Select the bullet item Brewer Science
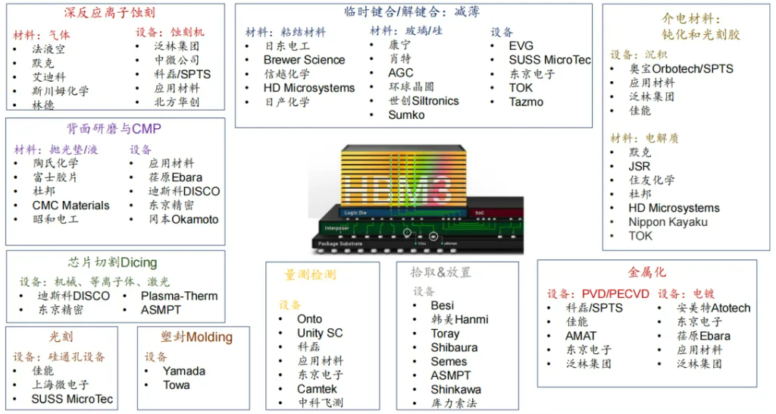pos(304,60)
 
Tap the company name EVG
pos(521,46)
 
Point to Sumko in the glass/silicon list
pos(406,115)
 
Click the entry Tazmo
pos(526,102)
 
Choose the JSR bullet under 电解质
pos(639,166)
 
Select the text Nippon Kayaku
pos(668,221)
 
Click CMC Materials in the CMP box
pos(70,205)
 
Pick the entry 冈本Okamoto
pos(183,219)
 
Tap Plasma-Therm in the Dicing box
pos(179,296)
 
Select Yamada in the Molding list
pos(183,371)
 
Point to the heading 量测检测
pos(310,274)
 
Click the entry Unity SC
pos(320,333)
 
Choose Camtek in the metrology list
pos(317,388)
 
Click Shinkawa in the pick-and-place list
pos(455,389)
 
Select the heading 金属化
pos(647,271)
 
